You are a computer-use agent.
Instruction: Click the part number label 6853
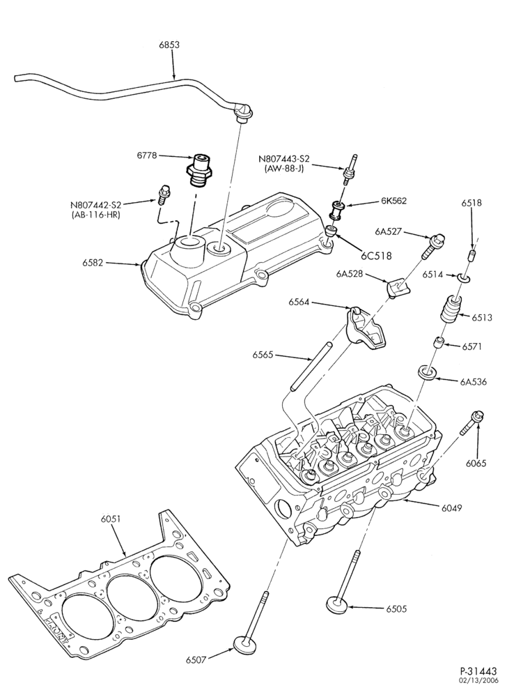point(169,45)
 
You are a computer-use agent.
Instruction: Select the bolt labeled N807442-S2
point(162,194)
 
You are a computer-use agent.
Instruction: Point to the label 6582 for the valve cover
point(93,263)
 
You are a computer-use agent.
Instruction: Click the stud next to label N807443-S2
point(350,170)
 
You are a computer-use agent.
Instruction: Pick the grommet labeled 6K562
point(336,209)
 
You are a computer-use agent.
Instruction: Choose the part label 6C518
point(376,256)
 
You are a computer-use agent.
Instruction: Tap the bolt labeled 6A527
point(427,247)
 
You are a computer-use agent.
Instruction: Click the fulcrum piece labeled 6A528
point(397,287)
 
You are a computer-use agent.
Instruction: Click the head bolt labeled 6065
point(469,423)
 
